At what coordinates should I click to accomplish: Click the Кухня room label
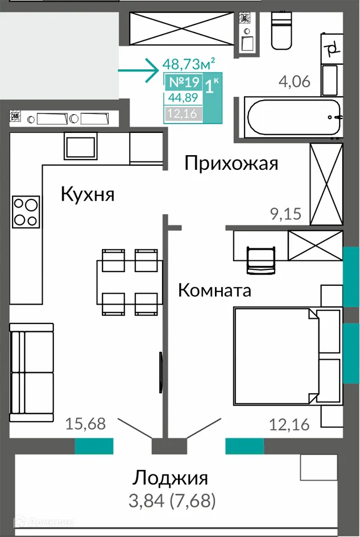tap(88, 194)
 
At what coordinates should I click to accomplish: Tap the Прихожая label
tap(231, 164)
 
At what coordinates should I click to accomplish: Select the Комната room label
tap(214, 290)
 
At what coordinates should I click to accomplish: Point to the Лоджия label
tap(171, 477)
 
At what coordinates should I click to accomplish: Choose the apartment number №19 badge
tap(182, 82)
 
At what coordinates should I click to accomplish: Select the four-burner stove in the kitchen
tap(26, 211)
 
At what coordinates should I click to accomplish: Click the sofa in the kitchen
tap(31, 373)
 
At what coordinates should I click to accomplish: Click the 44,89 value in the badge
tap(182, 98)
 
